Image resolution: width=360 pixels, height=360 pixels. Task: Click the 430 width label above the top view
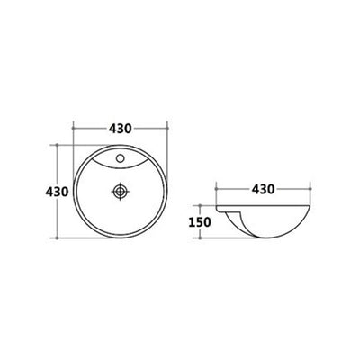pyautogui.click(x=121, y=129)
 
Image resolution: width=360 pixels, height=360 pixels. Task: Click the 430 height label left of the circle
pyautogui.click(x=57, y=192)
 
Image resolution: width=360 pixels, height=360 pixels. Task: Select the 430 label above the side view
pyautogui.click(x=263, y=189)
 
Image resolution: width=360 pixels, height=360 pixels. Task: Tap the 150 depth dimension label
pyautogui.click(x=200, y=222)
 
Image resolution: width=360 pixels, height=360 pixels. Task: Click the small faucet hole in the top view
pyautogui.click(x=121, y=157)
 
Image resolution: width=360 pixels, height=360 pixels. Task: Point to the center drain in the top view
pyautogui.click(x=121, y=191)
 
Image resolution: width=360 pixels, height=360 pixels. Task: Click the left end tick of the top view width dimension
pyautogui.click(x=74, y=128)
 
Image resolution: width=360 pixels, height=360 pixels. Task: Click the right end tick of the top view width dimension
pyautogui.click(x=167, y=128)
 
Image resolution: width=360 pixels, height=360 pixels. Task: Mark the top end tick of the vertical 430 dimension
pyautogui.click(x=57, y=145)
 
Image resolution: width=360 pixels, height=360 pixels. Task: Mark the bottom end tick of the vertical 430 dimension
pyautogui.click(x=57, y=238)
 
